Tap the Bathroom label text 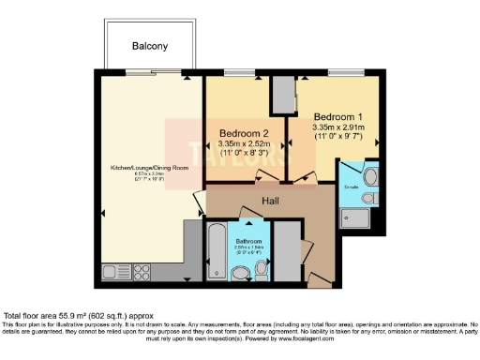[x=248, y=240]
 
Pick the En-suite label [x=353, y=187]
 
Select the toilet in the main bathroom [x=240, y=272]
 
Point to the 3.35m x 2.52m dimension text [x=246, y=144]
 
